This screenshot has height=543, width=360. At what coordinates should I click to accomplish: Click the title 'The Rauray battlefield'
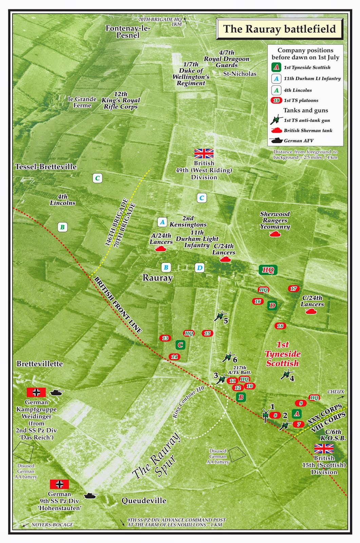tap(279, 29)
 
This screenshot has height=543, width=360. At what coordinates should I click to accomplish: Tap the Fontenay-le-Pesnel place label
tap(128, 32)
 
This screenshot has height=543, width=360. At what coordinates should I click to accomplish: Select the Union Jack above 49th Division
tap(204, 153)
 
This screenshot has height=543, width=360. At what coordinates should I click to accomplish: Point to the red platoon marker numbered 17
tap(293, 288)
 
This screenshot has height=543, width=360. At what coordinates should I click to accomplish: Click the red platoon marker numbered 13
tap(165, 338)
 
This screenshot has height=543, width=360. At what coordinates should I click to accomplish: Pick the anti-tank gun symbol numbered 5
tap(220, 316)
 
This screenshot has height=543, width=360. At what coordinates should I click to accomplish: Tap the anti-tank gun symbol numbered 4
tap(286, 374)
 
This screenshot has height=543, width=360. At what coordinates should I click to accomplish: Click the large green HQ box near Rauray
tap(268, 270)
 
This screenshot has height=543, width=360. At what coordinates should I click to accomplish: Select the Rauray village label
tap(157, 278)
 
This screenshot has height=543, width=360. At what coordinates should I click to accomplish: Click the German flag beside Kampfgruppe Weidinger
tap(36, 392)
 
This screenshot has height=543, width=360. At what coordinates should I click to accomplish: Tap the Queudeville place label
tap(144, 501)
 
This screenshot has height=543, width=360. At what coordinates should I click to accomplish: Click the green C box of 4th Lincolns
tap(97, 178)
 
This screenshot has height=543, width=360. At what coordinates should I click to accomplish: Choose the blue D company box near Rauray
tap(200, 268)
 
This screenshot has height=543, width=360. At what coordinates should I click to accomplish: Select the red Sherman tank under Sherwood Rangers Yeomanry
tap(275, 234)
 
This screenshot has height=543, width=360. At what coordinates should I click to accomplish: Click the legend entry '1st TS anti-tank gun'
tap(306, 120)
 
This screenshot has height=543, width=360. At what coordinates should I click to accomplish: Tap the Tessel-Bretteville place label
tap(46, 167)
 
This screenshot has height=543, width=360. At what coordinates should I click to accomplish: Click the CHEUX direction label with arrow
tap(336, 392)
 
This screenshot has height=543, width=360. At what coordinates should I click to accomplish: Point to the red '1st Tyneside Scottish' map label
tap(283, 354)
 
